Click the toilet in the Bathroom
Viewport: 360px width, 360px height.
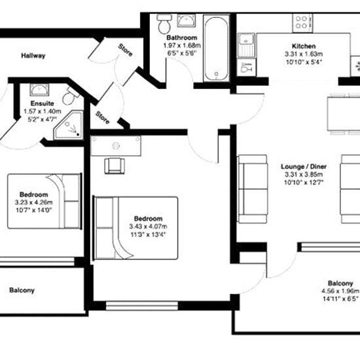coord(164,24)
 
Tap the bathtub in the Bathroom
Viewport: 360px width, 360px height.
coord(216,48)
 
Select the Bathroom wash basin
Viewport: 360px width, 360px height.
coord(186,21)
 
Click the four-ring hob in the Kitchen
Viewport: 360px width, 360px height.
coord(302,23)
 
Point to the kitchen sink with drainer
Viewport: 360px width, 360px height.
coord(246,45)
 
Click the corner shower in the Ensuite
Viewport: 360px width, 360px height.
coord(69,125)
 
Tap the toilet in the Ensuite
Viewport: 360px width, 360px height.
coord(70,96)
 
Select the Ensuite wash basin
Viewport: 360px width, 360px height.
coord(39,89)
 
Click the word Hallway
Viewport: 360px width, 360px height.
coord(33,56)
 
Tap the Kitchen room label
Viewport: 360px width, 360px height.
coord(304,46)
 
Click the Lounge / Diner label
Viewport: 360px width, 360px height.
coord(304,166)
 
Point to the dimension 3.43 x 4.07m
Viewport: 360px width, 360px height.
coord(148,226)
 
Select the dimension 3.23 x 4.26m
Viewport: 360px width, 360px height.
coord(34,202)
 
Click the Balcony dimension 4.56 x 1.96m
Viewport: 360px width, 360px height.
coord(340,291)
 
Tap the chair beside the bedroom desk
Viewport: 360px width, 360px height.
coord(115,166)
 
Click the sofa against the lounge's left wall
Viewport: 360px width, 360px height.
coord(253,189)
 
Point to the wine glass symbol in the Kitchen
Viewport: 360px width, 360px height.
coord(246,67)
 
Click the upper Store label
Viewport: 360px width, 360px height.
coord(126,50)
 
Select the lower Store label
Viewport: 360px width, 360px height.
coord(102,118)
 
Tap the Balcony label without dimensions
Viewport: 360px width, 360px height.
coord(22,290)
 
